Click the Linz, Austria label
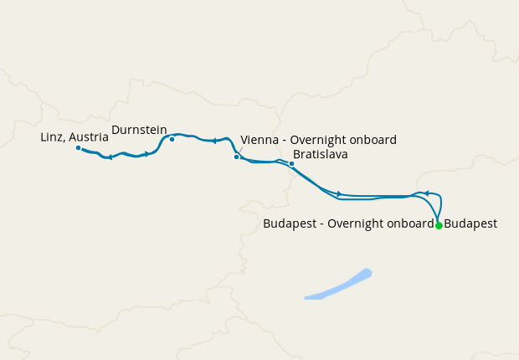pyautogui.click(x=75, y=136)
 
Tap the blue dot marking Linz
pyautogui.click(x=78, y=148)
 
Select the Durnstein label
pyautogui.click(x=140, y=130)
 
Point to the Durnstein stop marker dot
pyautogui.click(x=172, y=139)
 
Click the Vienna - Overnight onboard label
pyautogui.click(x=318, y=140)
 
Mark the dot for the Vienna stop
pyautogui.click(x=237, y=157)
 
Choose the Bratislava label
pyautogui.click(x=320, y=155)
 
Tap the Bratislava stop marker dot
pyautogui.click(x=291, y=163)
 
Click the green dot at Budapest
pyautogui.click(x=439, y=225)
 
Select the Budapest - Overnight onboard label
pyautogui.click(x=348, y=224)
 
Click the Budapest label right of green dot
pyautogui.click(x=470, y=224)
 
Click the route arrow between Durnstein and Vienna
pyautogui.click(x=214, y=141)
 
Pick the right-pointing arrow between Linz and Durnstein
pyautogui.click(x=147, y=153)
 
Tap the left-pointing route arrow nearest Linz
pyautogui.click(x=110, y=157)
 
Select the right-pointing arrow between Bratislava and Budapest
pyautogui.click(x=338, y=193)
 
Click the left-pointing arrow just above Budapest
pyautogui.click(x=426, y=193)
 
